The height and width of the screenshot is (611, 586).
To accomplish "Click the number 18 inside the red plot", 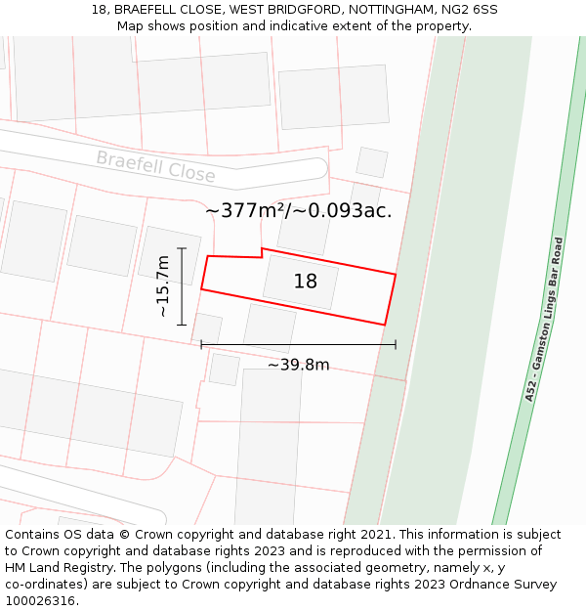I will click(x=306, y=282).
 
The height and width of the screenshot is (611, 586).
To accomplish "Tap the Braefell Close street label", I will click(x=155, y=166).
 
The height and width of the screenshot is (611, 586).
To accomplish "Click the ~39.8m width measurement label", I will click(x=298, y=365).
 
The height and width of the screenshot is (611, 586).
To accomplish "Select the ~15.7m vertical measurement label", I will click(x=163, y=285).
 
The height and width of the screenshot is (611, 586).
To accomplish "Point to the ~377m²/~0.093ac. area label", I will click(x=299, y=210).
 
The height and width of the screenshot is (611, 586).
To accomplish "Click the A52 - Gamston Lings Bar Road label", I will click(x=544, y=319).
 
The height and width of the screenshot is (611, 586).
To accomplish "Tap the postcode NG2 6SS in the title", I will click(x=472, y=10).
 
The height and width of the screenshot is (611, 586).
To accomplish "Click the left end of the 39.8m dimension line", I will click(x=201, y=344).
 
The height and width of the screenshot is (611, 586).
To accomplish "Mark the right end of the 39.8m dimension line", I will click(x=396, y=344).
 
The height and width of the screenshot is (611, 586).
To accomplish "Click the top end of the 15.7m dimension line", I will click(x=182, y=247).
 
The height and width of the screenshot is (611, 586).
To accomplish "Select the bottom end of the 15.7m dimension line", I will click(x=182, y=325).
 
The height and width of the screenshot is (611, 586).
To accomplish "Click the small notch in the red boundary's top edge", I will click(x=262, y=253).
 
